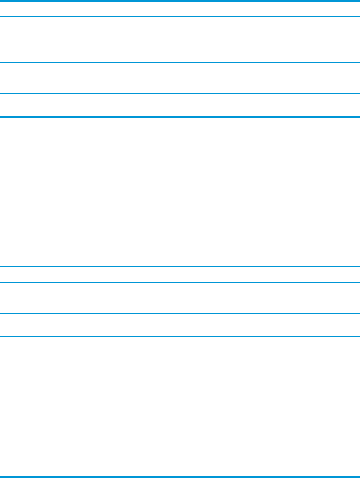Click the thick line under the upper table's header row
[x=180, y=16]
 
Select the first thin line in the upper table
[x=180, y=40]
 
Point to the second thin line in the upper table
[x=180, y=63]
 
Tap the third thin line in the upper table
[x=180, y=94]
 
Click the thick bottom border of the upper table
[x=180, y=116]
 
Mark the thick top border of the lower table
[x=180, y=267]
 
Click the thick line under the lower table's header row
[x=180, y=283]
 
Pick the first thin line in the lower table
[x=180, y=313]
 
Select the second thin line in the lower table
[x=180, y=336]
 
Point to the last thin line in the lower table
[x=180, y=446]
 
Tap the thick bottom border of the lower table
[x=180, y=477]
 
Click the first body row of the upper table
[x=180, y=28]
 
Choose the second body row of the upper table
[x=180, y=51]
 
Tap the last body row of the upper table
[x=180, y=105]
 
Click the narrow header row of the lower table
[x=180, y=275]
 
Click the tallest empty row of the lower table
[x=180, y=391]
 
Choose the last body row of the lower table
[x=180, y=461]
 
